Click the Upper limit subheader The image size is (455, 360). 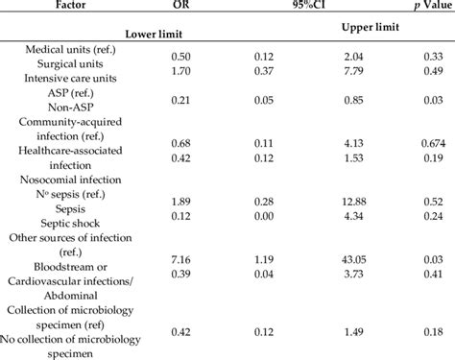pos(357,29)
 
